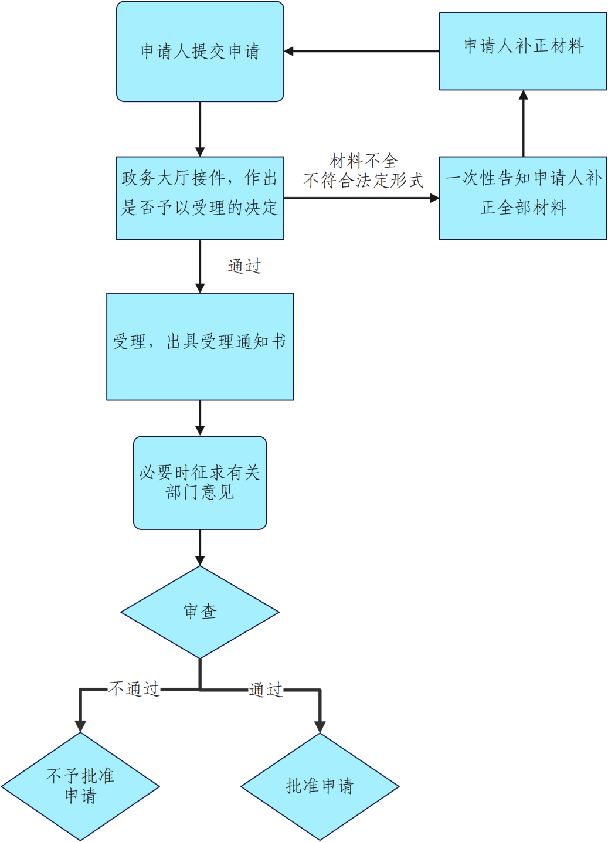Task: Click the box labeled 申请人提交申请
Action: click(x=200, y=52)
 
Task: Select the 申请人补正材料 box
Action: click(x=523, y=52)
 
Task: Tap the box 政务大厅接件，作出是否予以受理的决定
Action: click(x=200, y=198)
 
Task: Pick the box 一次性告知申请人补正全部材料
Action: click(x=523, y=198)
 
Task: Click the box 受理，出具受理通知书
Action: click(x=200, y=347)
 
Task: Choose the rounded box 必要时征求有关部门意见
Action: click(x=200, y=483)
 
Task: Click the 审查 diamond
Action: click(x=200, y=612)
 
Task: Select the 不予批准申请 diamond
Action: click(x=80, y=786)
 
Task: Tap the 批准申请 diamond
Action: click(x=320, y=786)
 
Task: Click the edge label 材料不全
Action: click(x=364, y=161)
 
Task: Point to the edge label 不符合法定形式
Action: click(x=364, y=181)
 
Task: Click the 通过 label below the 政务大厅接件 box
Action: click(x=244, y=266)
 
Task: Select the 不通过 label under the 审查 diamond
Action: click(x=134, y=688)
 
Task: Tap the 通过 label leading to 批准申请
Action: click(x=266, y=689)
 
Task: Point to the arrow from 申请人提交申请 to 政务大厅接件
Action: click(x=200, y=129)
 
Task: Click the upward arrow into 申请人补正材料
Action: click(x=523, y=124)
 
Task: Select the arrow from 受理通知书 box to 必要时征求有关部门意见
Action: click(x=200, y=418)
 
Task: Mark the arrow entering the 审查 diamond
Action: click(x=200, y=548)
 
